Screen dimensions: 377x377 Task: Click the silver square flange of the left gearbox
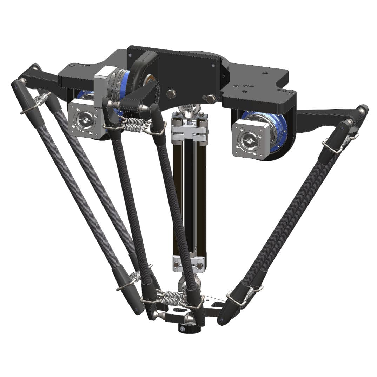coord(84,117)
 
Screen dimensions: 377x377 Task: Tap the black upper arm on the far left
coord(39,76)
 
